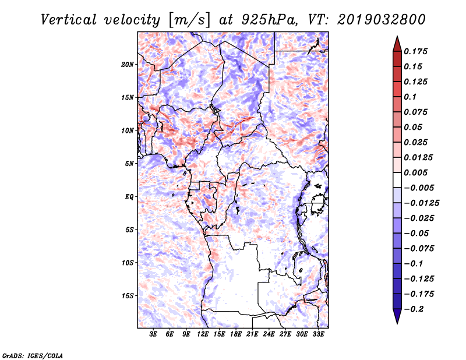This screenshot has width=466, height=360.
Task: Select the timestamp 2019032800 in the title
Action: tap(373, 19)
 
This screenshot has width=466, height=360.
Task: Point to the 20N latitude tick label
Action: tap(128, 64)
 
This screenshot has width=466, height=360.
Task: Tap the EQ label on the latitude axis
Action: tap(129, 196)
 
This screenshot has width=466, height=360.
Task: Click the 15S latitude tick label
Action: tap(128, 295)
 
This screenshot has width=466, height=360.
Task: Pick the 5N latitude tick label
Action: tap(129, 163)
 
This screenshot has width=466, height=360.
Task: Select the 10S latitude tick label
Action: tap(128, 263)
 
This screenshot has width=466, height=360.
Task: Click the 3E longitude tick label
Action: tap(154, 335)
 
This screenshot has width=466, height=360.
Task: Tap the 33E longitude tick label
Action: tap(318, 335)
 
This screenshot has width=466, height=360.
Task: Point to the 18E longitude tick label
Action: tap(236, 335)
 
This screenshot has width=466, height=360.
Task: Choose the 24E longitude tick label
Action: tap(269, 335)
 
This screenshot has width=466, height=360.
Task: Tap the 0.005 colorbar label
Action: tap(418, 172)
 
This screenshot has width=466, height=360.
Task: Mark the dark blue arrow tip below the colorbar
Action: tap(397, 319)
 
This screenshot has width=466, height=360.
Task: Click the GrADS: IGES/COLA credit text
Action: tap(32, 354)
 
